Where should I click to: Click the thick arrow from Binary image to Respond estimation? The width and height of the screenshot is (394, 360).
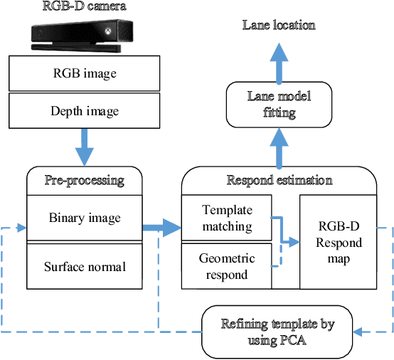tap(161, 228)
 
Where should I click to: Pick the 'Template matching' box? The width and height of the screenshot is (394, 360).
tap(228, 218)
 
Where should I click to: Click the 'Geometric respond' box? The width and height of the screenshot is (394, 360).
tap(228, 265)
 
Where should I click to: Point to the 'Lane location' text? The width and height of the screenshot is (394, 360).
tap(279, 26)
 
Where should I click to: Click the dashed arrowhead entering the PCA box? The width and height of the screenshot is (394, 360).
tap(359, 332)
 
